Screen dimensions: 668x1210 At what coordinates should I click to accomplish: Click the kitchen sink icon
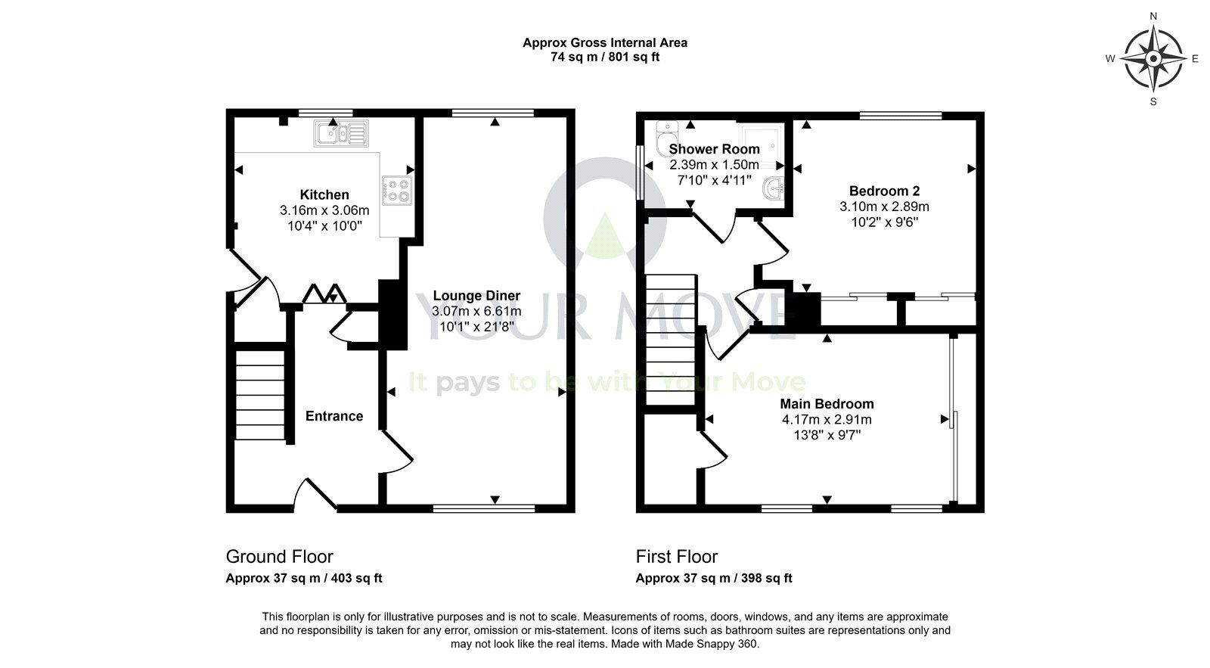click(x=342, y=134)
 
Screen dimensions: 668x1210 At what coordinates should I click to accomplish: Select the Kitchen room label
click(x=324, y=194)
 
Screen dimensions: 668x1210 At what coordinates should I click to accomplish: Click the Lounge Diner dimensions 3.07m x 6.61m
click(x=476, y=311)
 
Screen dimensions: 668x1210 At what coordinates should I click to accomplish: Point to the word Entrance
click(x=334, y=416)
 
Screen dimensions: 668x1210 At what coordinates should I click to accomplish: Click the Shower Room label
click(x=714, y=149)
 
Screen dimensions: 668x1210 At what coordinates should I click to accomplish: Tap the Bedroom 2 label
click(x=884, y=191)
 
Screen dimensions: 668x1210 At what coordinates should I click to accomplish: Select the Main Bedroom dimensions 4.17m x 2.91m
click(x=827, y=420)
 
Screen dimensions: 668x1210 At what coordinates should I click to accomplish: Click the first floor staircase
click(x=670, y=340)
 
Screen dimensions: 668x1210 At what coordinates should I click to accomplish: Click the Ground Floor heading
click(x=279, y=557)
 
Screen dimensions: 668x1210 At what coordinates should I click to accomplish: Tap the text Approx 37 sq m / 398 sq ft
click(x=713, y=579)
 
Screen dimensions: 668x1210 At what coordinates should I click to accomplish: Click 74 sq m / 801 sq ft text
click(x=604, y=57)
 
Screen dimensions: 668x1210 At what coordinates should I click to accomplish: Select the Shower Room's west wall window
click(x=641, y=172)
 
